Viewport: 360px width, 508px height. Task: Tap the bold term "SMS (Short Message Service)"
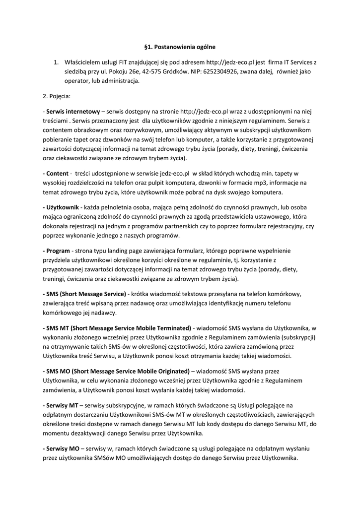85,293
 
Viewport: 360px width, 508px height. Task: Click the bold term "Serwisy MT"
62,405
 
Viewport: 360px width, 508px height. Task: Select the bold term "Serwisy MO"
62,448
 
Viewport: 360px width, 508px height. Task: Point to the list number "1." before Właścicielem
56,63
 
